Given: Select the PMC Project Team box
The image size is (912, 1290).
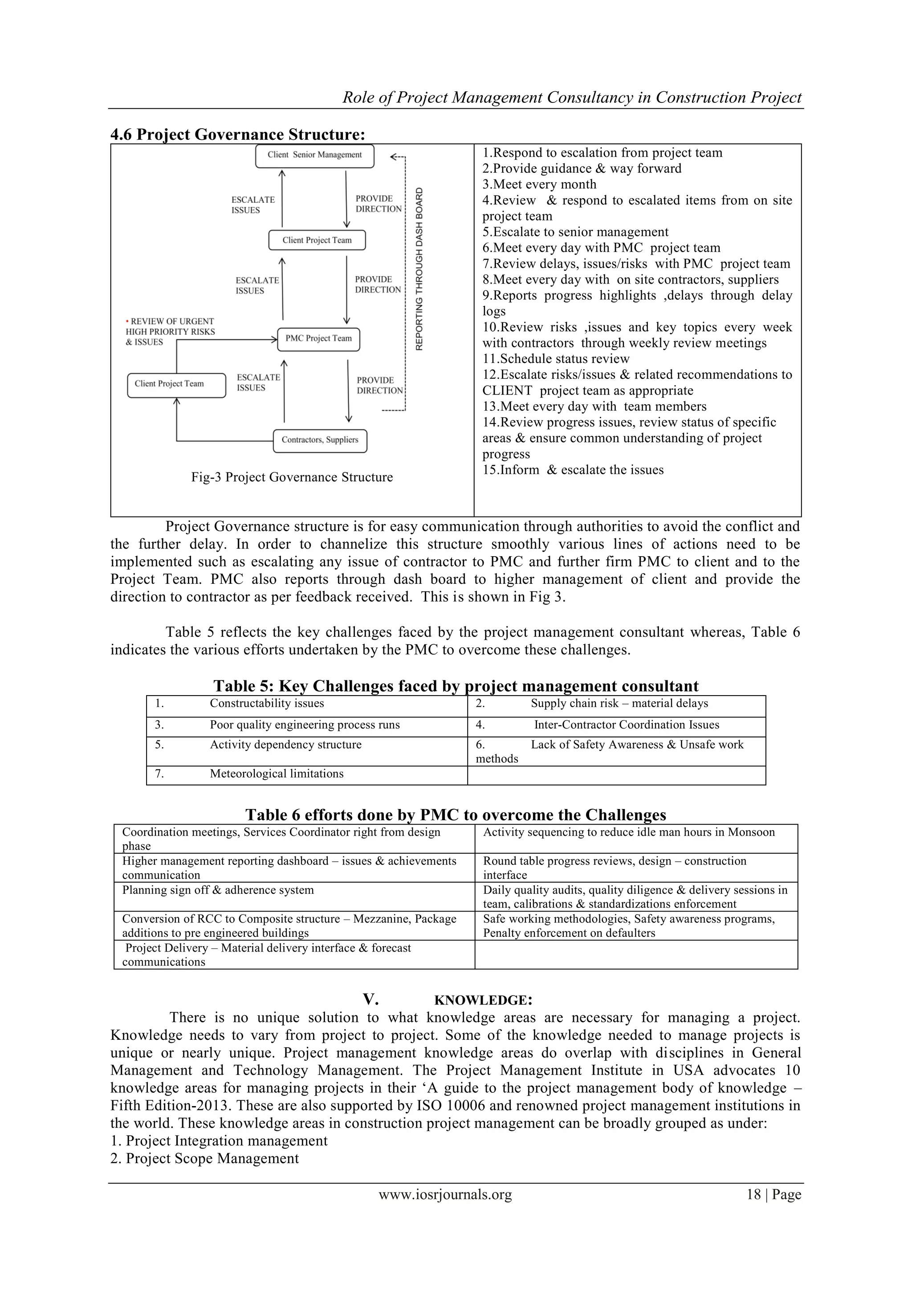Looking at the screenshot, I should (318, 339).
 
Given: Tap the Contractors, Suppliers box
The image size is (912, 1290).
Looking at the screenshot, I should (320, 440).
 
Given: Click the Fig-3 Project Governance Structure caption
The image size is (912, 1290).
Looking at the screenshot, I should (292, 477).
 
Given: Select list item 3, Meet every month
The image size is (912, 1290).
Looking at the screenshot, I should (539, 185).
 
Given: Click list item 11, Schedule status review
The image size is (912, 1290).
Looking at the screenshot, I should (556, 359).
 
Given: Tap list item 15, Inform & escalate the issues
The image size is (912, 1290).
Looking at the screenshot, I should (573, 470).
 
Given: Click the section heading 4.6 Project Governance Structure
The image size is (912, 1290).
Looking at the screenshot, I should (238, 135).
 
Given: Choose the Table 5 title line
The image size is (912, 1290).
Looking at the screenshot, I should (456, 686).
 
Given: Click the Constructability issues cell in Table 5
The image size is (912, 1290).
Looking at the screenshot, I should (267, 704).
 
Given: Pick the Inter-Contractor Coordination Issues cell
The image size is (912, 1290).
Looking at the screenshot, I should (626, 725).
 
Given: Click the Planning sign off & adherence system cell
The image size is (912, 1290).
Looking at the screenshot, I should (218, 890).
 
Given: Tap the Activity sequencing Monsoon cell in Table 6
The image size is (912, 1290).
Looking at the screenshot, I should (628, 832).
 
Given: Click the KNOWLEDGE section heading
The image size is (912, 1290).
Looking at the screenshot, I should (483, 1001).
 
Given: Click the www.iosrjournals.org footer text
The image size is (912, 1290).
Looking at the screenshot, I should (445, 1195).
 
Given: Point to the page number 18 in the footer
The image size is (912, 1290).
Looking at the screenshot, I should (753, 1195).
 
